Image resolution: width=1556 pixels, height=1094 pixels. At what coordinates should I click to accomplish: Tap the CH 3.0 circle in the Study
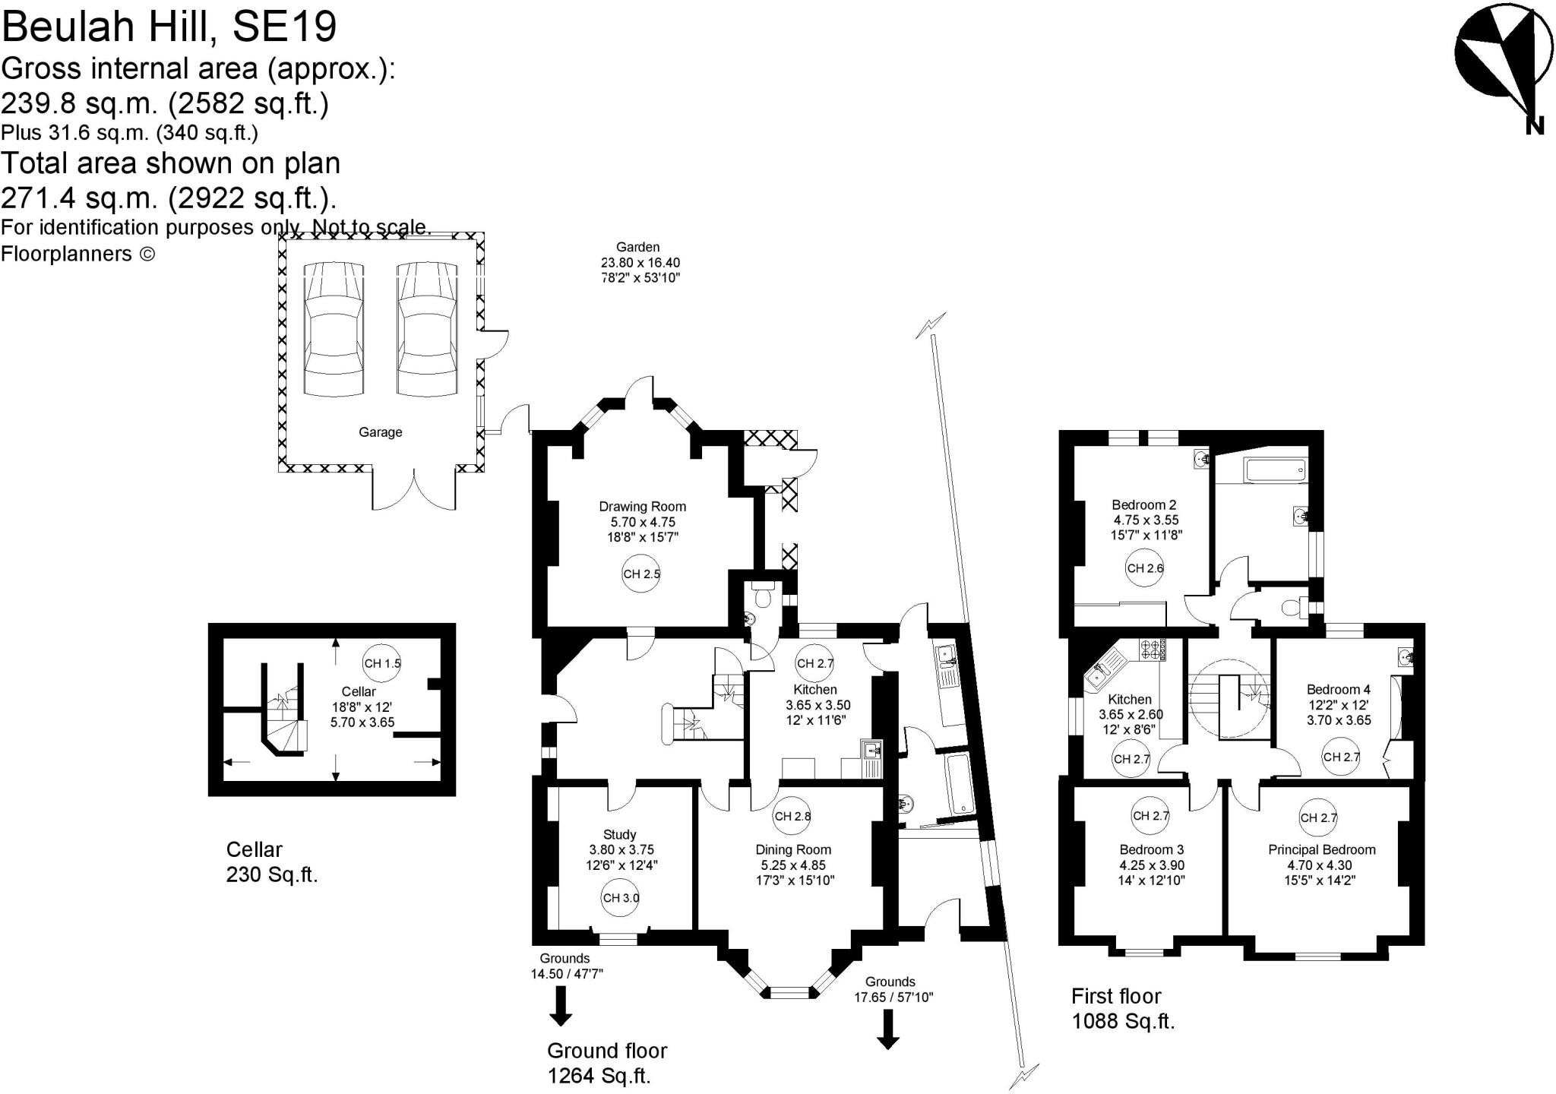pos(620,897)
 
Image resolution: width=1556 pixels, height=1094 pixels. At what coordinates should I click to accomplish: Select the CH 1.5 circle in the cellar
pos(381,663)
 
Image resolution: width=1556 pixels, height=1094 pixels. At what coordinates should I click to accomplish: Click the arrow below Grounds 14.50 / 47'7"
pos(561,1005)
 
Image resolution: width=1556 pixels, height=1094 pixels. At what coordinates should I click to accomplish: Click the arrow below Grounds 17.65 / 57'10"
pos(887,1029)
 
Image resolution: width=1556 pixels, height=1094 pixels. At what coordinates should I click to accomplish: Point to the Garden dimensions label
pos(640,262)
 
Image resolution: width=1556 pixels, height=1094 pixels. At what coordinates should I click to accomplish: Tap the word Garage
pos(380,432)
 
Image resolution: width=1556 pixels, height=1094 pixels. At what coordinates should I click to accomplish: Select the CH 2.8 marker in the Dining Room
pos(792,817)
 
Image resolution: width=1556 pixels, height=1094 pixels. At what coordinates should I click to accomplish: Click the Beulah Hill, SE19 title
pos(169,27)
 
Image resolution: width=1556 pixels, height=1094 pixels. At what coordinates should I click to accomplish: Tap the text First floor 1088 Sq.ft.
pos(1122,1008)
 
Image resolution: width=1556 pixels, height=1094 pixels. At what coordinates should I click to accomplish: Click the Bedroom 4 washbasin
pos(1406,657)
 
